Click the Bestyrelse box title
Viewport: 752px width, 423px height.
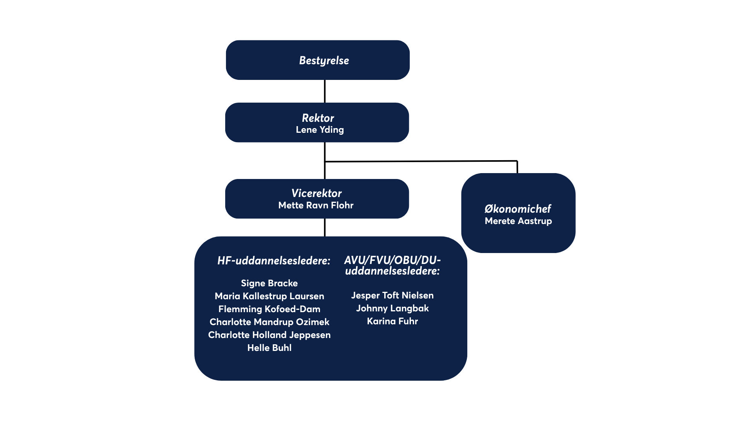pyautogui.click(x=324, y=61)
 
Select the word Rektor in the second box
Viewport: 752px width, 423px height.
pyautogui.click(x=318, y=118)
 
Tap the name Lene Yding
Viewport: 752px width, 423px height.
pyautogui.click(x=320, y=130)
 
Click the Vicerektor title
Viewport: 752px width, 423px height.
pyautogui.click(x=316, y=193)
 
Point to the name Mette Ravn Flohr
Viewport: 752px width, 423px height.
pyautogui.click(x=316, y=205)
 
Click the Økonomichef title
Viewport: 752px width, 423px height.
pyautogui.click(x=518, y=209)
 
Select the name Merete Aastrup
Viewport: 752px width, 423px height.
pyautogui.click(x=518, y=221)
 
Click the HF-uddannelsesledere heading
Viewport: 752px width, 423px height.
pyautogui.click(x=274, y=261)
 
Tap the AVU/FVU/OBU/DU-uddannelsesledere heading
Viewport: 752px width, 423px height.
pyautogui.click(x=392, y=266)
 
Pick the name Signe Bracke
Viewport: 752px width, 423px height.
pyautogui.click(x=269, y=283)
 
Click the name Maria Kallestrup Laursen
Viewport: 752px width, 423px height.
pyautogui.click(x=269, y=296)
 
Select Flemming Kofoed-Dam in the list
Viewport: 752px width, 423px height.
pyautogui.click(x=269, y=309)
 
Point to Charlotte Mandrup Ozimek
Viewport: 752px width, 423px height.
pyautogui.click(x=269, y=322)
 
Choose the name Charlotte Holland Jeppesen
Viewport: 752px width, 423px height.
pyautogui.click(x=269, y=335)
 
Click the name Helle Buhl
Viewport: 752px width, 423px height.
pyautogui.click(x=269, y=348)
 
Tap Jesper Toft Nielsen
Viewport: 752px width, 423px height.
pyautogui.click(x=392, y=295)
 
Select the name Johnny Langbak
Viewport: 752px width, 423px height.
pyautogui.click(x=392, y=308)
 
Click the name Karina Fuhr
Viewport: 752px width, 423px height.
pyautogui.click(x=392, y=321)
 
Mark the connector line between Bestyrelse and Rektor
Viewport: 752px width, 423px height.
pyautogui.click(x=325, y=91)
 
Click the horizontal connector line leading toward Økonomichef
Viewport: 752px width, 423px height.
pyautogui.click(x=421, y=161)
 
